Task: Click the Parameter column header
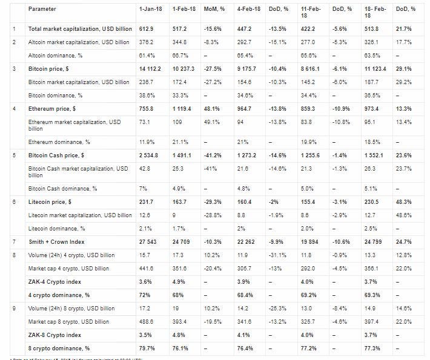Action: pyautogui.click(x=43, y=10)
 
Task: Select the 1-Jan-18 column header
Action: pyautogui.click(x=150, y=10)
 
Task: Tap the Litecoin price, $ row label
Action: pyautogui.click(x=50, y=201)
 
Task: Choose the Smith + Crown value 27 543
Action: pyautogui.click(x=147, y=242)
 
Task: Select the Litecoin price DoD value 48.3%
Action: pyautogui.click(x=403, y=201)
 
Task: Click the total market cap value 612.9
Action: pyautogui.click(x=145, y=29)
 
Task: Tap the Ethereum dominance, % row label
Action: pyautogui.click(x=59, y=142)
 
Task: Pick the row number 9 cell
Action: pyautogui.click(x=14, y=309)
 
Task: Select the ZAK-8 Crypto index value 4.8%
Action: pyautogui.click(x=179, y=335)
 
